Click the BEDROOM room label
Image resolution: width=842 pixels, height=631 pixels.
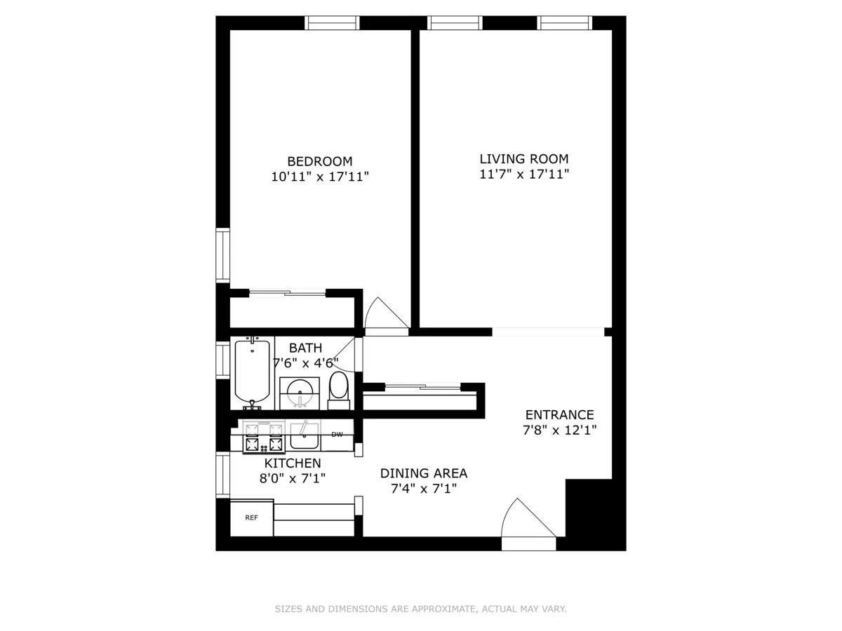pos(319,161)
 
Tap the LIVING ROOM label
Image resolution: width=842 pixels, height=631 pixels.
pos(523,158)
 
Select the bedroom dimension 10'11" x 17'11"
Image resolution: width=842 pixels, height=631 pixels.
pos(319,177)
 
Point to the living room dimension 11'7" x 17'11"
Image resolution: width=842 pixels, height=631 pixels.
pos(523,175)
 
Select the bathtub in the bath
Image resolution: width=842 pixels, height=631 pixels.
pos(251,372)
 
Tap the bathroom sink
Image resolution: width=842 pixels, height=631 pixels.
pos(300,391)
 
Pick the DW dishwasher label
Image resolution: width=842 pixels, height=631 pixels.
pos(338,435)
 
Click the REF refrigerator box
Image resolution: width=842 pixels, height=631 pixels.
pos(251,518)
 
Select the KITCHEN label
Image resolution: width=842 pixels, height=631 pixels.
pos(293,463)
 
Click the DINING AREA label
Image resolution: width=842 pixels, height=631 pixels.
pos(424,473)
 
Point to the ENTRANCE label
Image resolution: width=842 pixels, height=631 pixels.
pos(559,414)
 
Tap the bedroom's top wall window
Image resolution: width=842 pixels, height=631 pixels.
pos(332,23)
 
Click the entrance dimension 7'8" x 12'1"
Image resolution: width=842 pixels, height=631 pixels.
pos(559,430)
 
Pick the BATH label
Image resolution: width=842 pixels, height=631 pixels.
pos(306,348)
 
